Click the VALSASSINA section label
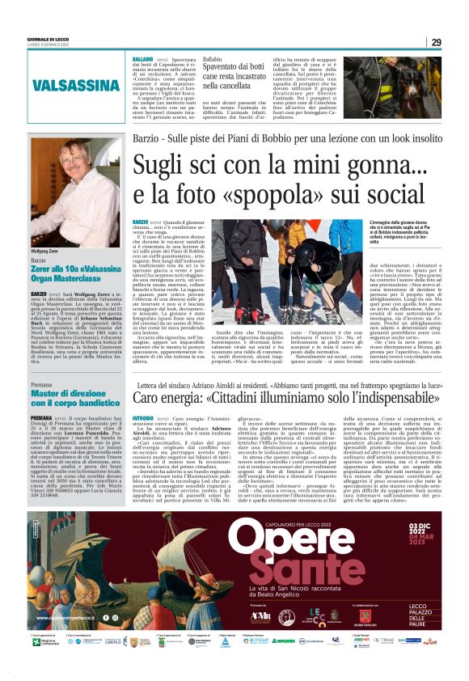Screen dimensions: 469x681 tap(70, 86)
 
